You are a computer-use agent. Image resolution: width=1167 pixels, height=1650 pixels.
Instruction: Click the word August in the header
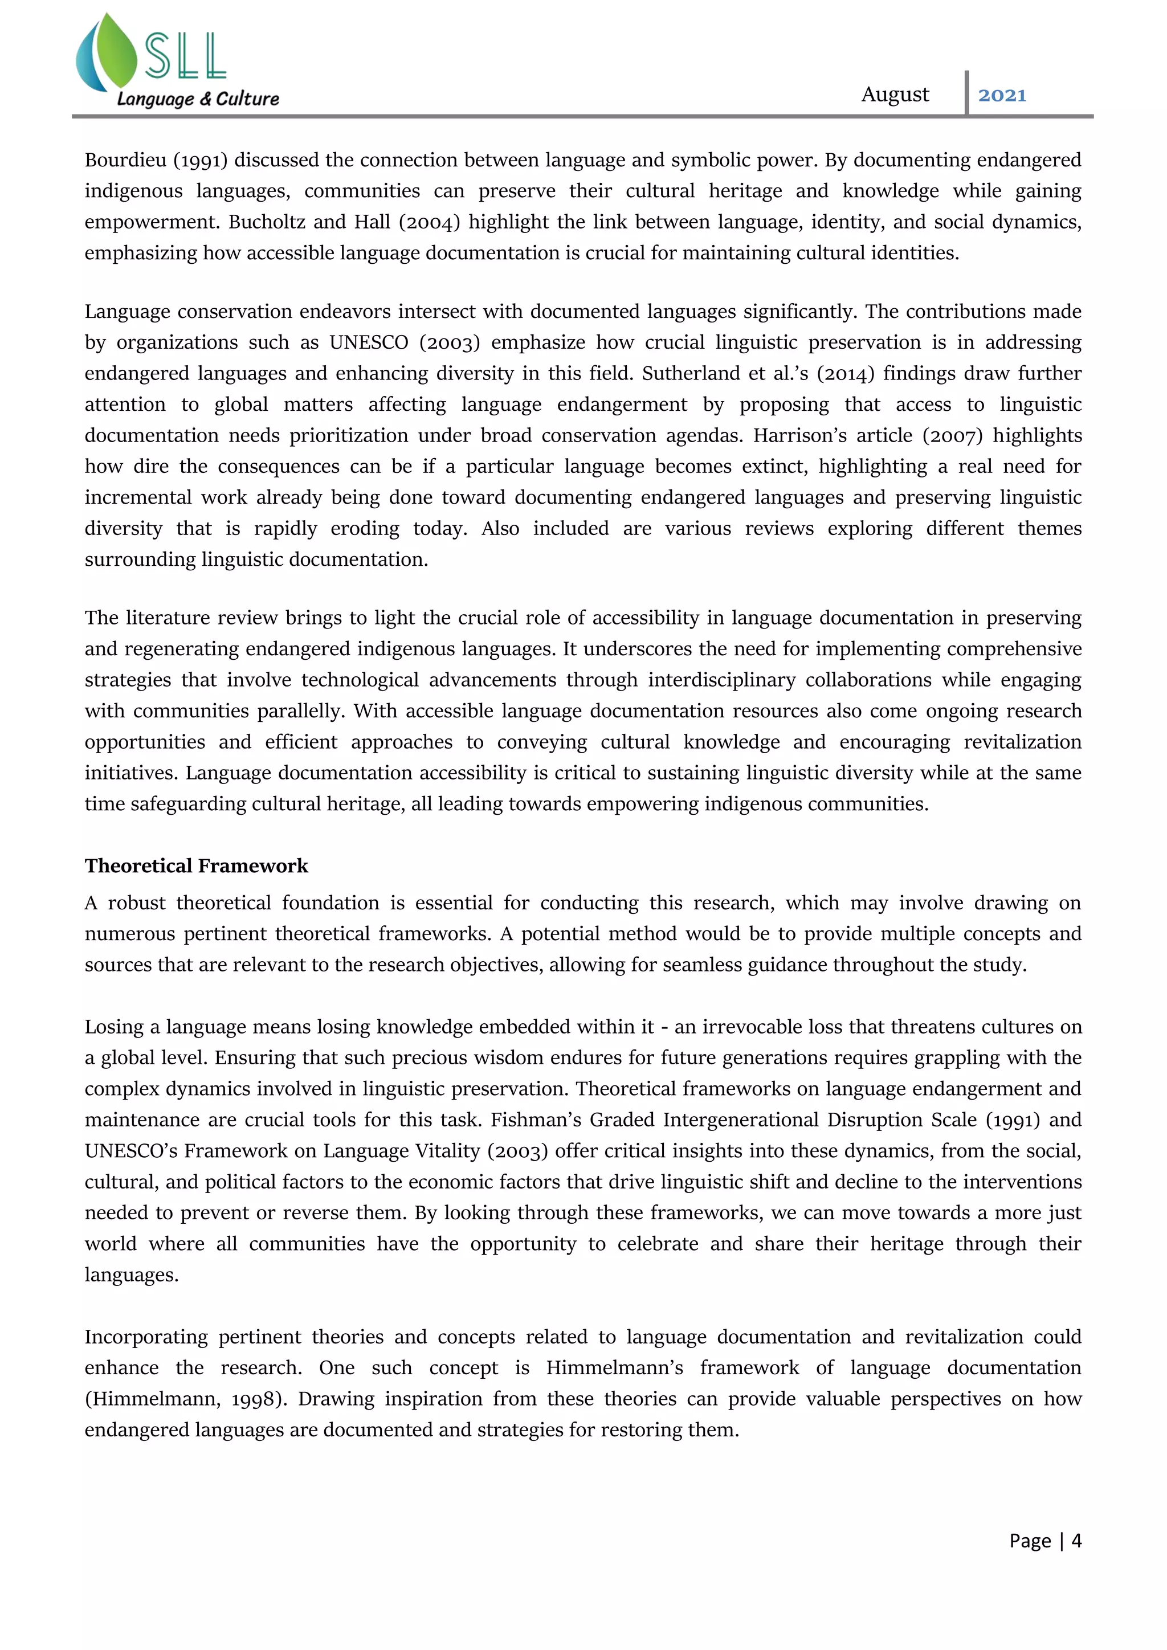point(895,95)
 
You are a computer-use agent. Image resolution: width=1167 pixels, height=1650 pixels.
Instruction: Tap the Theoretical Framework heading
point(196,865)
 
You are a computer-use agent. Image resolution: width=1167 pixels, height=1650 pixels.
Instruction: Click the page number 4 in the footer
point(1076,1540)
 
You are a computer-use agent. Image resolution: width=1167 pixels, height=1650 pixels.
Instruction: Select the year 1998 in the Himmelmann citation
point(256,1399)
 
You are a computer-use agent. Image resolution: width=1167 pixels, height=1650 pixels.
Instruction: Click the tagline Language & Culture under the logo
point(198,99)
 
